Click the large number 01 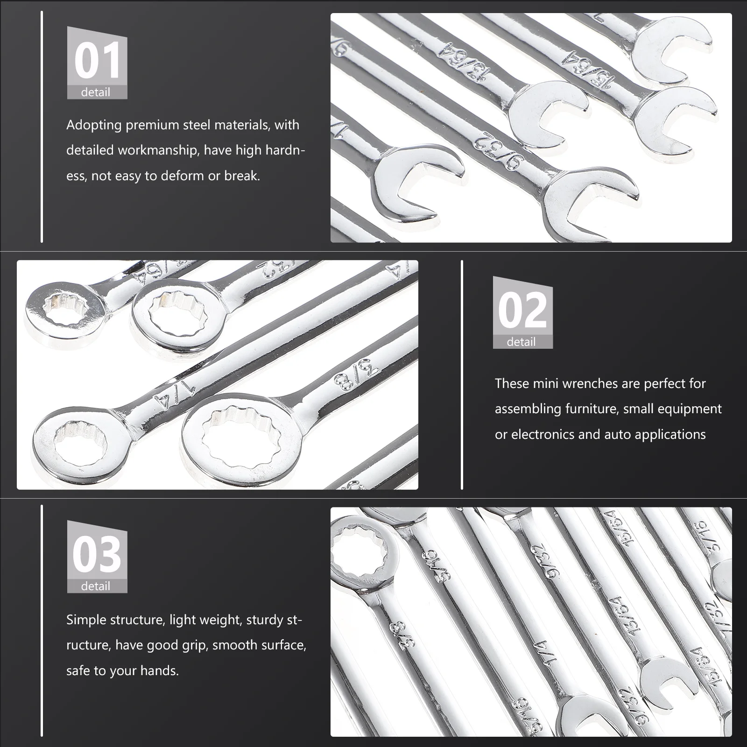(97, 61)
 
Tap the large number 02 (522, 310)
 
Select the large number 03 (97, 555)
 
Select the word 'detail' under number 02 (521, 342)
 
